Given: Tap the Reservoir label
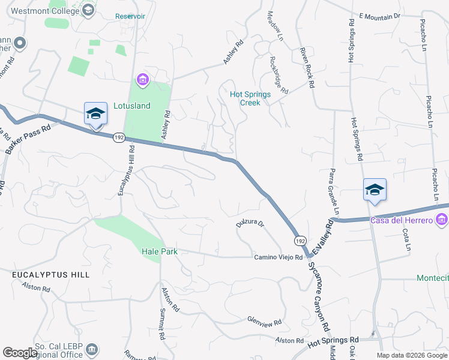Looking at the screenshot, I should [x=130, y=16].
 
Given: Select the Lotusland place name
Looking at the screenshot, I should [x=131, y=106].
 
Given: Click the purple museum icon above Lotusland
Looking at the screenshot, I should [x=143, y=79].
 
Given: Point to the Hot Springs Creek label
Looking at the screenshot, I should [x=250, y=98].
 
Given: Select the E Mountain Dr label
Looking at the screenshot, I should [x=378, y=16].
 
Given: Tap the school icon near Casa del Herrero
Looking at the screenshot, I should [x=375, y=190].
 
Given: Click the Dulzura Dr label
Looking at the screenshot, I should [x=250, y=224].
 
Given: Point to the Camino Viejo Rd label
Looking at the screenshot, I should [x=277, y=257].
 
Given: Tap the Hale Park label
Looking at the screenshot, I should [x=160, y=251].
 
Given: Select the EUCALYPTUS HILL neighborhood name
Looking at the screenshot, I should [x=51, y=274].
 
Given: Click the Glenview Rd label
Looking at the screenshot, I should [x=264, y=322].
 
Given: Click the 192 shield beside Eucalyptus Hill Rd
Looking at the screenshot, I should [x=118, y=137].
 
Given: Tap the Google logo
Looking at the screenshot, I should [x=20, y=353].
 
